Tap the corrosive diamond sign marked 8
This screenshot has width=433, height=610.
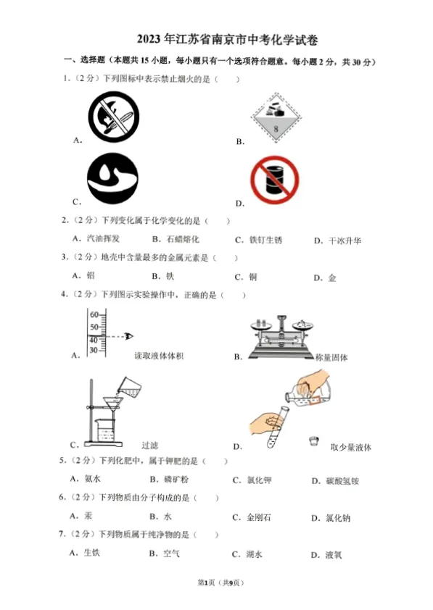(x=275, y=115)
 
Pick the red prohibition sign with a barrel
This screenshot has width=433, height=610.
(x=274, y=181)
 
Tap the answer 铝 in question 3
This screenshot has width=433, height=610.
(x=91, y=275)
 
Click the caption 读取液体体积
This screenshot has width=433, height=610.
(x=159, y=356)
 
